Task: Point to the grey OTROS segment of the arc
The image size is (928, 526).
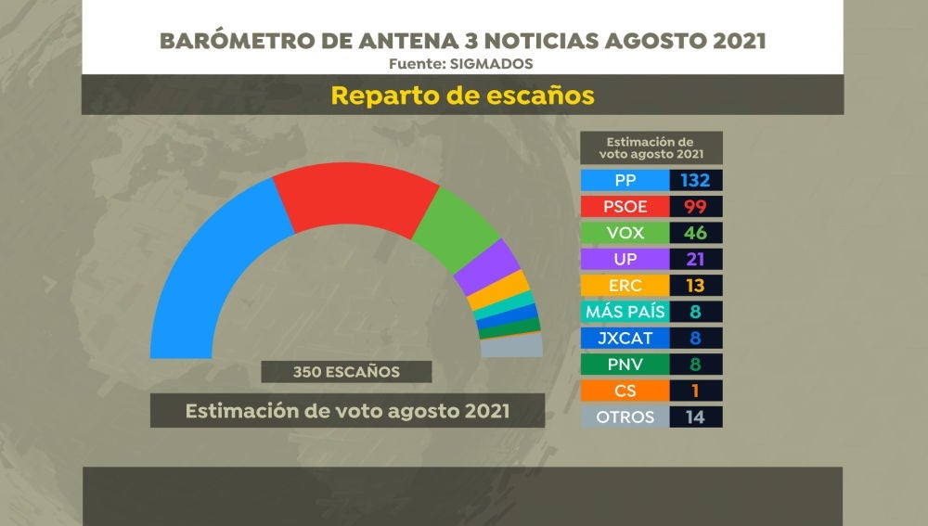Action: (x=511, y=346)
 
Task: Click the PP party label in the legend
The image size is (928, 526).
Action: (x=625, y=180)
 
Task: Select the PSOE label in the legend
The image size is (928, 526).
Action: (x=625, y=206)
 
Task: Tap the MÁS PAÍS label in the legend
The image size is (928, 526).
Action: (x=625, y=312)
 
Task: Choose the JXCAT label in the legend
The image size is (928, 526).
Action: (x=625, y=338)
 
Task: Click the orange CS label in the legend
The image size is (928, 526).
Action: (x=625, y=391)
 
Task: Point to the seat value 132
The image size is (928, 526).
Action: (x=695, y=180)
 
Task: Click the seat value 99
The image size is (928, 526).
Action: (x=695, y=206)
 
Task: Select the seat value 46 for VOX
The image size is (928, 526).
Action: (x=695, y=233)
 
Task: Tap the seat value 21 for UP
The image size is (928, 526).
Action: (x=695, y=259)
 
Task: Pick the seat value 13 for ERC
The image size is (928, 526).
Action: (x=695, y=286)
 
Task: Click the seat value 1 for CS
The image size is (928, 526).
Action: (x=695, y=391)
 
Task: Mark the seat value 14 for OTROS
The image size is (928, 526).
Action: (x=695, y=417)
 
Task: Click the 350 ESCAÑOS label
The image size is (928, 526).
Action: (x=346, y=372)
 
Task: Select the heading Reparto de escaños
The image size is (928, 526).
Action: (x=462, y=96)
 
